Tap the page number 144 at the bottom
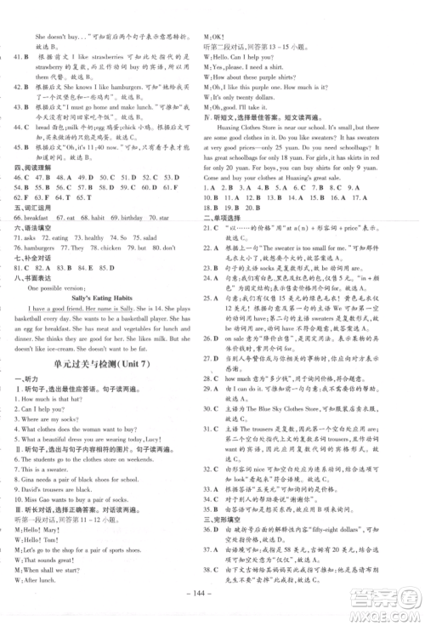tap(213, 599)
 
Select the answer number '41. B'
tap(20, 58)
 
